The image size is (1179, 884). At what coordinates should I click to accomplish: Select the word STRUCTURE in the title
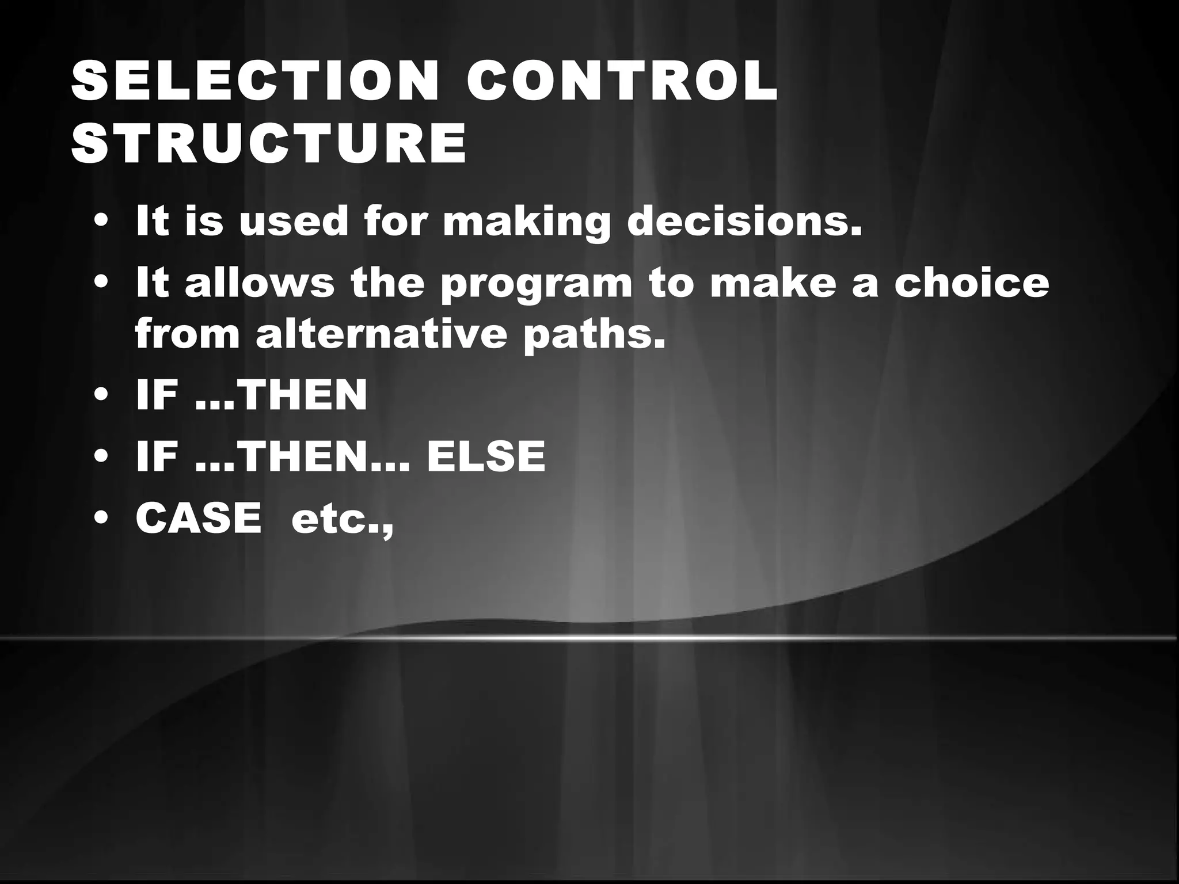(x=269, y=143)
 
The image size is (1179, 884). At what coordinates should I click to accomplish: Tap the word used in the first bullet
(x=294, y=222)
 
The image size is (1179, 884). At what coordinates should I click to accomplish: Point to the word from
(x=187, y=334)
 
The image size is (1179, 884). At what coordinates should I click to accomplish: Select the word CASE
(x=199, y=517)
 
